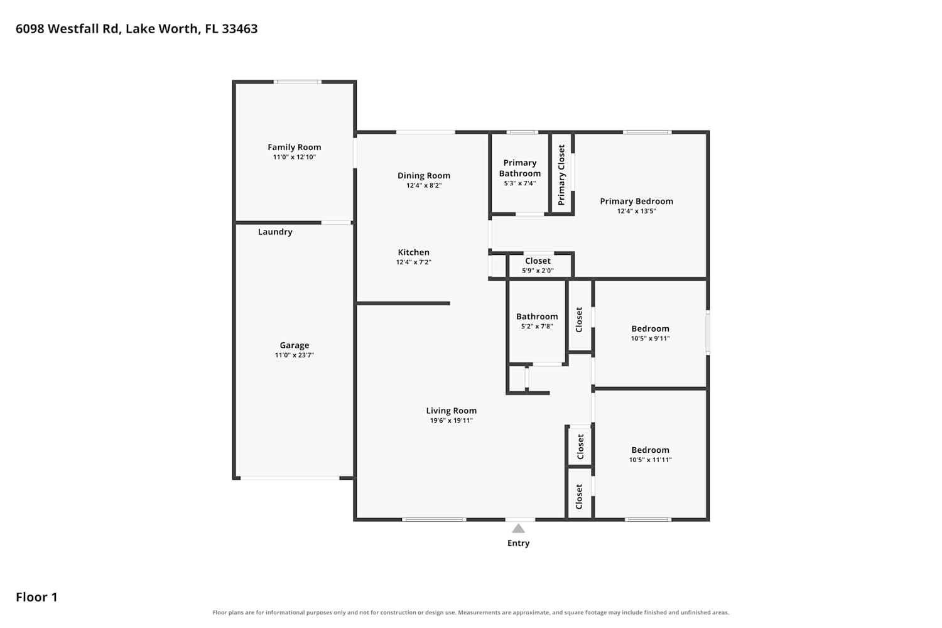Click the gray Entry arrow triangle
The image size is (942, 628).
tap(518, 528)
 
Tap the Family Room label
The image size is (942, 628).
tap(295, 147)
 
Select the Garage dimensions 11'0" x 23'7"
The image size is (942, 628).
tap(295, 355)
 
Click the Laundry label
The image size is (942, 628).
tap(275, 232)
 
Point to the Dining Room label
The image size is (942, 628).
tap(424, 175)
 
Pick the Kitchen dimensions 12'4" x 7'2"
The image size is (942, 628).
tap(413, 262)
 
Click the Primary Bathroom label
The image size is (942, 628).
tap(520, 168)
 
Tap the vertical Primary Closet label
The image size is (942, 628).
tap(561, 175)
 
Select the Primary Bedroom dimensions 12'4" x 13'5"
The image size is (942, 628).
tap(636, 211)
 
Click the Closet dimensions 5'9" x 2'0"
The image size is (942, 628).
tap(538, 271)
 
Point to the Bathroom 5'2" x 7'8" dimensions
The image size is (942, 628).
tap(537, 326)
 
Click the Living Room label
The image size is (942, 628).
tap(452, 411)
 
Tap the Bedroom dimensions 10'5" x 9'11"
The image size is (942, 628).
tap(650, 338)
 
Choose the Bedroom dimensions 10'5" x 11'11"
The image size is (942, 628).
tap(650, 460)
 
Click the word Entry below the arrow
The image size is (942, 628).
tap(518, 543)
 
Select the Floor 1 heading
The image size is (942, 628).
tap(36, 597)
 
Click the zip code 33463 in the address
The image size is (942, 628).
tap(240, 29)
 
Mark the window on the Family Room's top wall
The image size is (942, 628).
tap(297, 82)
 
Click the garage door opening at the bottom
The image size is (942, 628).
tap(290, 478)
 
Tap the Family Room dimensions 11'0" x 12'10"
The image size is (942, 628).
tap(295, 157)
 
